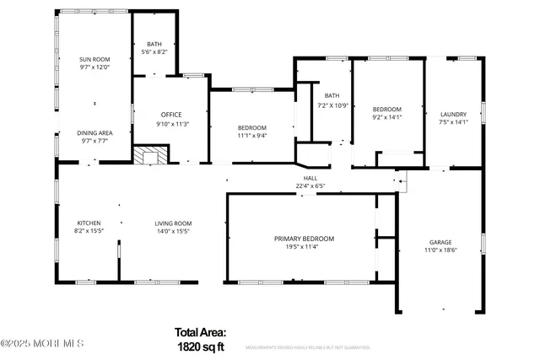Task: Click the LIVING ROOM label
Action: tap(172, 223)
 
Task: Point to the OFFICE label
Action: tap(171, 115)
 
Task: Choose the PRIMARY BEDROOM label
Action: tap(304, 239)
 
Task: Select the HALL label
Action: tap(310, 179)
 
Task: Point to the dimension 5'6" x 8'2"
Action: tap(154, 52)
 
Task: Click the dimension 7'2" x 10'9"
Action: tap(332, 105)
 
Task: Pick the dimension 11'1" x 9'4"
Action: tap(251, 136)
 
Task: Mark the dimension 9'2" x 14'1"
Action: tap(387, 119)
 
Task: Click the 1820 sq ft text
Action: tap(200, 346)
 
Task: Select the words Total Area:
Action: tap(200, 332)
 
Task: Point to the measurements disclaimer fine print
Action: tap(308, 347)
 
